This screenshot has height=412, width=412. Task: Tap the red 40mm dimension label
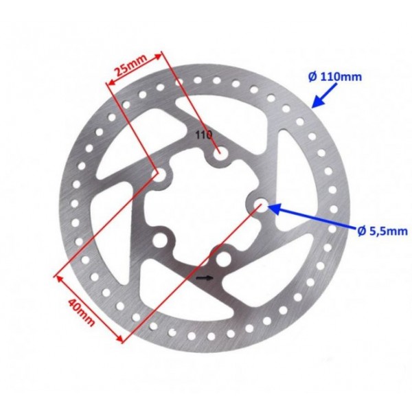[81, 312]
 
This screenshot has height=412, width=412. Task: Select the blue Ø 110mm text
[335, 77]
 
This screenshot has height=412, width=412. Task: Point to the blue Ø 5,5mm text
[382, 231]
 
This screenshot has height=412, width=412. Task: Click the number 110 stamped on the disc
[204, 135]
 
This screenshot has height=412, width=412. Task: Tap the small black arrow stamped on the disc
[205, 278]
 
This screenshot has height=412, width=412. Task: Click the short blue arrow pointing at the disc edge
[324, 96]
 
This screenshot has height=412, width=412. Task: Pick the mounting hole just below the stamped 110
[220, 153]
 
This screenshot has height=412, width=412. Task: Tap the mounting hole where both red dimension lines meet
[159, 174]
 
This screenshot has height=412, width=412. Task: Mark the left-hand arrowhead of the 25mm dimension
[110, 83]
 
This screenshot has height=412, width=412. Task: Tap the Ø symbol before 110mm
[312, 77]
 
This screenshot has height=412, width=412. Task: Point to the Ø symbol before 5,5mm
[362, 231]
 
